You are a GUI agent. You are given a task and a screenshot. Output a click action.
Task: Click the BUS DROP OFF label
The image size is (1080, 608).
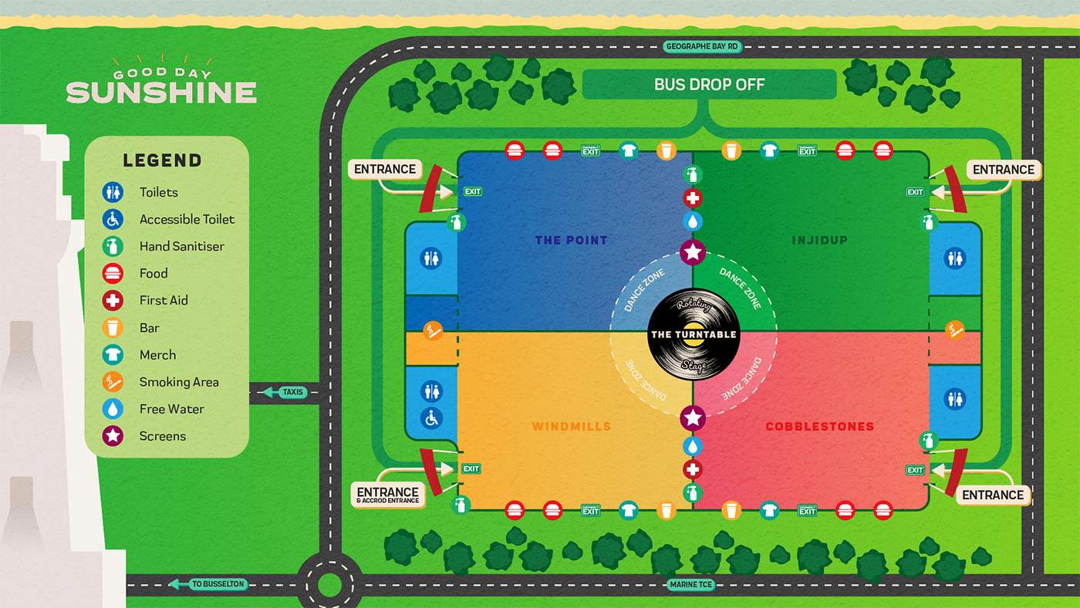click(709, 84)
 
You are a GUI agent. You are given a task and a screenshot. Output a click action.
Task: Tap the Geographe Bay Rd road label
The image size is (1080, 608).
click(702, 47)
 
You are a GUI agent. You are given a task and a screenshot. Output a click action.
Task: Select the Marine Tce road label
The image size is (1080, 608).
click(690, 585)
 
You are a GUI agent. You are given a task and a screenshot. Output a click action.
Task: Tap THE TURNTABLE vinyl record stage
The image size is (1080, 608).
click(694, 334)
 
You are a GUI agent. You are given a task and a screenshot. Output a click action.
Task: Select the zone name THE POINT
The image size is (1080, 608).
click(572, 240)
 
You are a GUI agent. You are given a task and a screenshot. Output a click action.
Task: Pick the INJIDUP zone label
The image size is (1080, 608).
click(819, 240)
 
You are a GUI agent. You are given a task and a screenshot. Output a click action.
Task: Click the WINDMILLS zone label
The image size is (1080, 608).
click(572, 426)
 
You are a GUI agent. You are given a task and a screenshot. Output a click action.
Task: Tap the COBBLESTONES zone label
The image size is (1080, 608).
click(819, 426)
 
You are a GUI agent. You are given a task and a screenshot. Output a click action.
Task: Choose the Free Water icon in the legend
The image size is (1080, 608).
click(113, 409)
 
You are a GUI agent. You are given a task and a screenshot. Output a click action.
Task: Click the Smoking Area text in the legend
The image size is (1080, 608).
click(179, 382)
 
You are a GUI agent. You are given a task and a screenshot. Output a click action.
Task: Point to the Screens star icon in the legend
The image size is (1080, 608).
click(113, 436)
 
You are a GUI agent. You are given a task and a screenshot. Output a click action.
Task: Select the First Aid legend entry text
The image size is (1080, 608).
click(164, 300)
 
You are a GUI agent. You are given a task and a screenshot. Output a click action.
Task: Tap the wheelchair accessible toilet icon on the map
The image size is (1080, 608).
click(431, 419)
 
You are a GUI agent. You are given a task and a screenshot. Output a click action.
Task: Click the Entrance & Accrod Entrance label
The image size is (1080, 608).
click(388, 495)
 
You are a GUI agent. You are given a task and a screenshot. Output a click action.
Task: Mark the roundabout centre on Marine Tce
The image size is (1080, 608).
click(329, 585)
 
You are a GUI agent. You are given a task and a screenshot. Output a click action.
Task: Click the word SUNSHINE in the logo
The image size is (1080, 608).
click(161, 93)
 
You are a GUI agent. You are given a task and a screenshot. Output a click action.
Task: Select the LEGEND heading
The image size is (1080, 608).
click(162, 160)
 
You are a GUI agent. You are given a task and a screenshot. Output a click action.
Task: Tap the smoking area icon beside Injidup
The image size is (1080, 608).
click(954, 330)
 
